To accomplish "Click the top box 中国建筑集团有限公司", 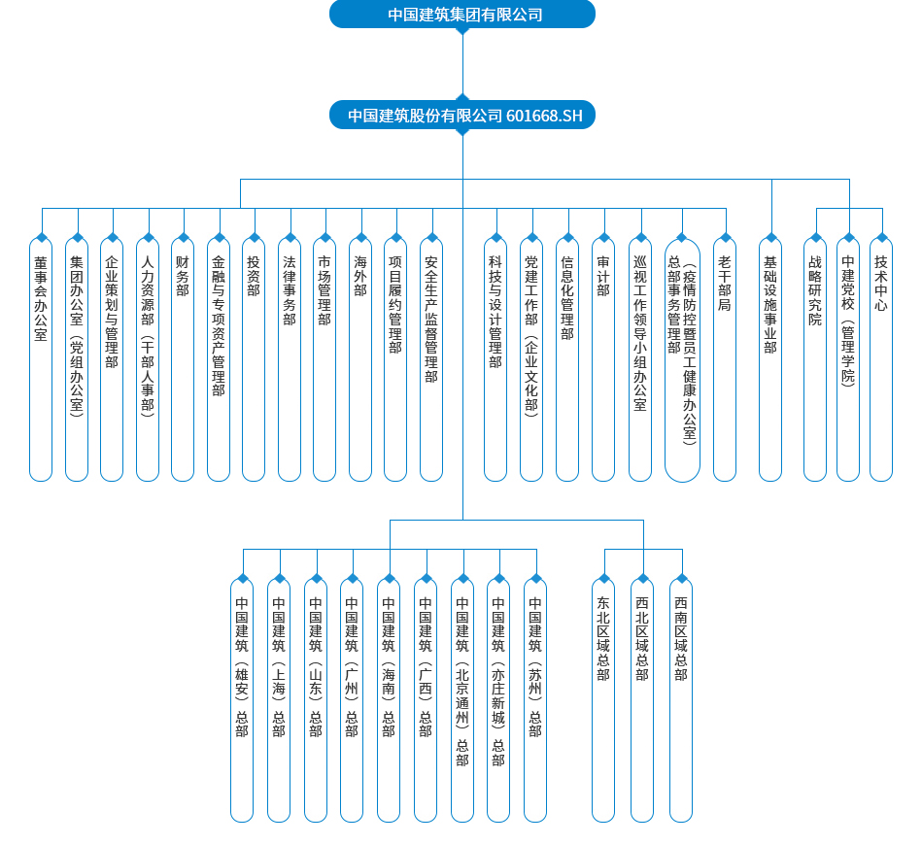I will [462, 15].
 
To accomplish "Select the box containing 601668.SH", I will [462, 116].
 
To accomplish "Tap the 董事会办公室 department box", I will [41, 359].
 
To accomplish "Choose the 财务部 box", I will [183, 359].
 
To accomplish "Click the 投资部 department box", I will [254, 359].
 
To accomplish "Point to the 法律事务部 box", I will [290, 359].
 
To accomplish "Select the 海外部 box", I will [360, 359].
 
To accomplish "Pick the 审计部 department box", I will [603, 359].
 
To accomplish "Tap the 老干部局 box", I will [725, 359].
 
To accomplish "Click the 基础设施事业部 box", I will [770, 359].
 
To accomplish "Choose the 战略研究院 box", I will [815, 359].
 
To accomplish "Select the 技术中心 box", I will [881, 359].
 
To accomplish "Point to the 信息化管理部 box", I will [567, 359].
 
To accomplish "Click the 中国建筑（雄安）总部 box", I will [242, 699].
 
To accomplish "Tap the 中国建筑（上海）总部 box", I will [279, 699].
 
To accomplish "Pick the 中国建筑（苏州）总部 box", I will [535, 699].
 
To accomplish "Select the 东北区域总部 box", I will [603, 699].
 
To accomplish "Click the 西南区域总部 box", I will [681, 699].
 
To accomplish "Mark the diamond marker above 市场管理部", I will [324, 237].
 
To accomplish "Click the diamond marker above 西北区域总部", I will [642, 578].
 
